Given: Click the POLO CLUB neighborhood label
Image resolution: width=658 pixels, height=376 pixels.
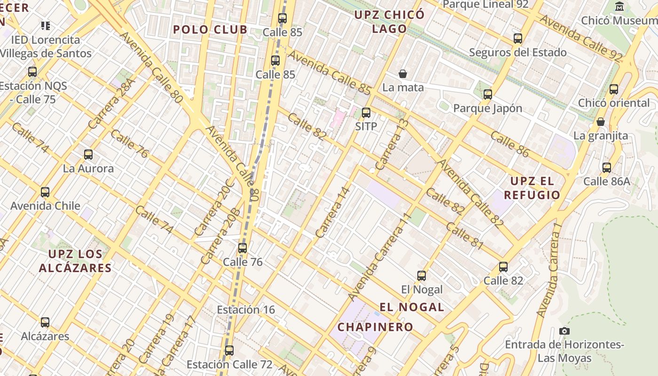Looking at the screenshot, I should tap(210, 30).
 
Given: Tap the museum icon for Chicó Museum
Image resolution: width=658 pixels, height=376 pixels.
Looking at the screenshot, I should tap(619, 7).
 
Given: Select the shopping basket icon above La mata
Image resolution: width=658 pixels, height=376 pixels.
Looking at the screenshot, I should tap(403, 74).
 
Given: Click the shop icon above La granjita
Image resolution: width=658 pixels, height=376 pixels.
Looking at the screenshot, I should tap(600, 122).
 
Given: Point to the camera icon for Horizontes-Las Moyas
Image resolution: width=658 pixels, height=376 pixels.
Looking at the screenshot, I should tap(564, 331).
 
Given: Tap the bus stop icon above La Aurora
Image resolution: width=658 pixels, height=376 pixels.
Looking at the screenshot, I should tap(88, 154).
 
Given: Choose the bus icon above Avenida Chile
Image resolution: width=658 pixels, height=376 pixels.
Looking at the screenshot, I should tap(45, 192).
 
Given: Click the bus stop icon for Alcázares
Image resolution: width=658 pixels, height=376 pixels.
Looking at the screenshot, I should tap(45, 322).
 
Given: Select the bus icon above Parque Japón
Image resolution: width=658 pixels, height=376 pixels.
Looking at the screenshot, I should tap(488, 94).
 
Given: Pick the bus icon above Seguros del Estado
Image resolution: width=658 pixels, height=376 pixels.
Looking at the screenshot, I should tap(518, 39).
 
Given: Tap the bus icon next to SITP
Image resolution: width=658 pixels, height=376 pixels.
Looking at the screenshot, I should tap(366, 113).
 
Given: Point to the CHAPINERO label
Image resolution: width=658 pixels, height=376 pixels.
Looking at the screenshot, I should tap(376, 327).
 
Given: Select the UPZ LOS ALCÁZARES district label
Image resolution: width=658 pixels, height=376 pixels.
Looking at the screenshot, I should tap(75, 261).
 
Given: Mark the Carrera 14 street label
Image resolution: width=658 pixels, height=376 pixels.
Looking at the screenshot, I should tap(333, 212).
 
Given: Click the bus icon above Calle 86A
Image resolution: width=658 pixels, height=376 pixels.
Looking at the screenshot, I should tap(607, 167).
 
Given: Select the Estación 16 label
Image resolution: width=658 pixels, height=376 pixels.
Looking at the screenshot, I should tap(246, 310).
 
